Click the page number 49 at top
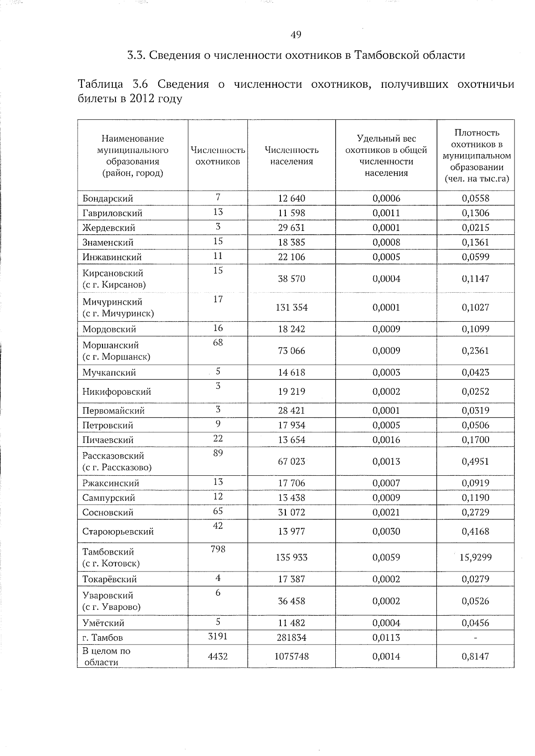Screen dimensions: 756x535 [x=296, y=35]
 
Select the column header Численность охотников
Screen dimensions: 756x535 [x=218, y=155]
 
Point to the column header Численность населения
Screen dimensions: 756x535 [x=292, y=155]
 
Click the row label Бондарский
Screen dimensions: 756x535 [x=108, y=199]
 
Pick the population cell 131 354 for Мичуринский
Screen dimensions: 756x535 [x=292, y=307]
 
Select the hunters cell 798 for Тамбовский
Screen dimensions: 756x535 [x=218, y=549]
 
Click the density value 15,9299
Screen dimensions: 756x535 [x=475, y=557]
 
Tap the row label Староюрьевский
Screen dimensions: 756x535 [x=118, y=531]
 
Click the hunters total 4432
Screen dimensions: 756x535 [x=218, y=657]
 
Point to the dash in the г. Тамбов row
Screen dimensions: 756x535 [x=475, y=638]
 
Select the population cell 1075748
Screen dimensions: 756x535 [x=292, y=657]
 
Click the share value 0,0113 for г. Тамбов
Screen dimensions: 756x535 [x=386, y=637]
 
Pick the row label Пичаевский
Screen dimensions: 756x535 [x=108, y=440]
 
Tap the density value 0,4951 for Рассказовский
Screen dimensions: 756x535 [x=475, y=462]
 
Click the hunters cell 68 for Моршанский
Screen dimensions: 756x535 [x=218, y=343]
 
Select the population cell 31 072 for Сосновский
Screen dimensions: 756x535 [x=292, y=512]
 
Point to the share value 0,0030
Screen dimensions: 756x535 [x=386, y=531]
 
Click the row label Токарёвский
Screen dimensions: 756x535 [x=110, y=580]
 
